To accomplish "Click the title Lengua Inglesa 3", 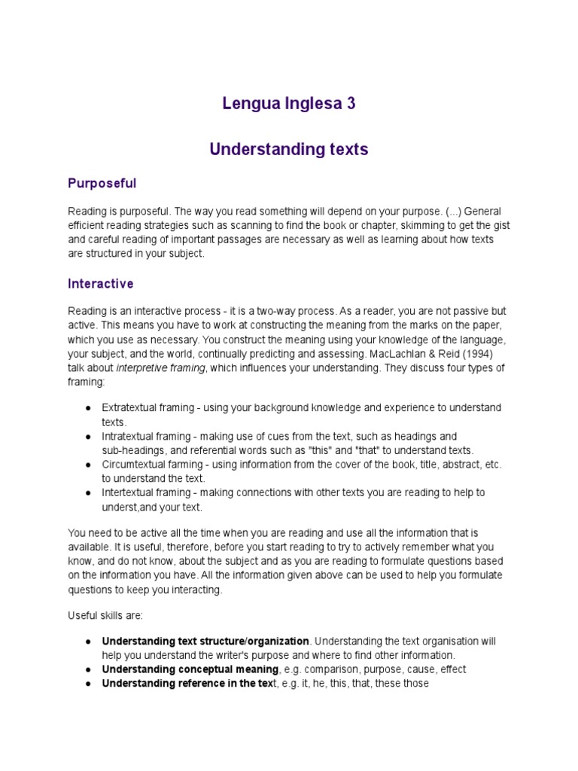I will pyautogui.click(x=288, y=104).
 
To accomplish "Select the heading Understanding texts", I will pyautogui.click(x=288, y=149).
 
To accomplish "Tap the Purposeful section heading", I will pyautogui.click(x=102, y=183).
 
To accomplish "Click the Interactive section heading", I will pyautogui.click(x=100, y=284).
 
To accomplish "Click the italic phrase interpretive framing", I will pyautogui.click(x=160, y=367).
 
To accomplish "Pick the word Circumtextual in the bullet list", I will pyautogui.click(x=134, y=465).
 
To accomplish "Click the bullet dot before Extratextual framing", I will pyautogui.click(x=88, y=407).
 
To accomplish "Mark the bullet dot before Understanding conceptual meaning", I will pyautogui.click(x=88, y=669).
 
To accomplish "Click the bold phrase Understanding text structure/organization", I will pyautogui.click(x=205, y=641).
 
